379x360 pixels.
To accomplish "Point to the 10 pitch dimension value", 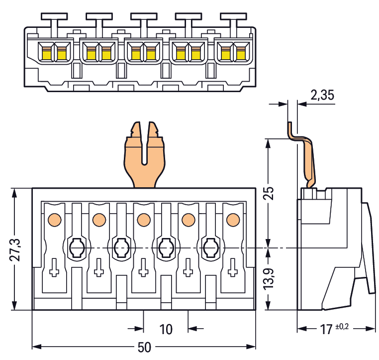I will (x=166, y=329).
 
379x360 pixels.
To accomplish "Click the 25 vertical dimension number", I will (x=269, y=193).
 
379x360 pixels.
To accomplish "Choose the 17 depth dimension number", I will (x=326, y=329).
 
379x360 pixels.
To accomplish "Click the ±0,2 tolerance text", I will (x=343, y=326).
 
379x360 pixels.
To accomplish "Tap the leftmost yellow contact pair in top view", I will (x=54, y=52).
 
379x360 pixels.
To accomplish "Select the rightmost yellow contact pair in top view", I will (x=233, y=52).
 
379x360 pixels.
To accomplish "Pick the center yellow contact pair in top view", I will (x=143, y=52).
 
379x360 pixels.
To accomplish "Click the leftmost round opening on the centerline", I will (x=77, y=246).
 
